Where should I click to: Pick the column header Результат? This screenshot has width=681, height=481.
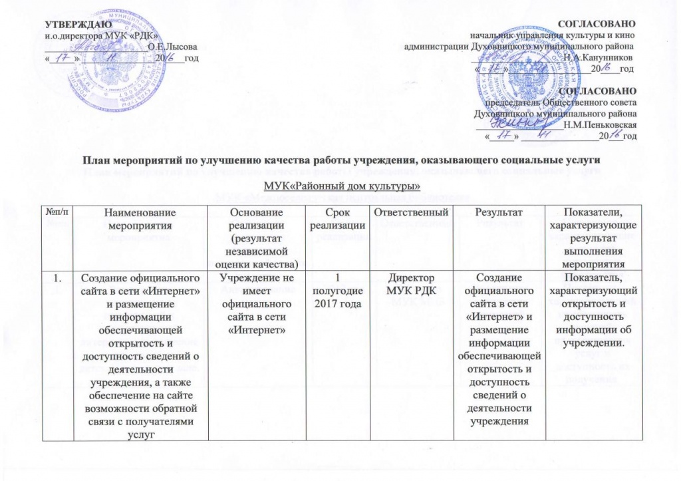coord(495,212)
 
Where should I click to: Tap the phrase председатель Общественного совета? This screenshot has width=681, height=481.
coord(564,102)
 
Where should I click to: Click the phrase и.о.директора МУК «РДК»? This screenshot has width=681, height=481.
coord(101,35)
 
